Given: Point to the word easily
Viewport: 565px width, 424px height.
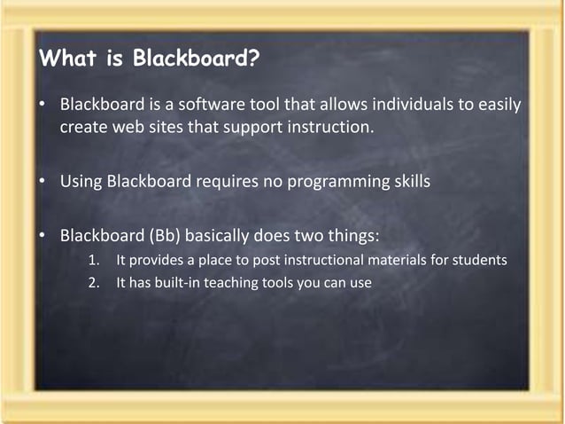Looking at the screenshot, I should coord(499,106).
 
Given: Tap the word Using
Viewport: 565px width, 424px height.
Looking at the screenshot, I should coord(81,183).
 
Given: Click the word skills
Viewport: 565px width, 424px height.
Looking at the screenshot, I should coord(408,183).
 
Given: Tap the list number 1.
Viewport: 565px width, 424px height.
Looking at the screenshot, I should coord(94,261).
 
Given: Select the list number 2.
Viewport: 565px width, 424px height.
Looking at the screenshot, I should coord(94,283).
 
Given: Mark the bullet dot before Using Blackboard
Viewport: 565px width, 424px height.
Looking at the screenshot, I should coord(42,183).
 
